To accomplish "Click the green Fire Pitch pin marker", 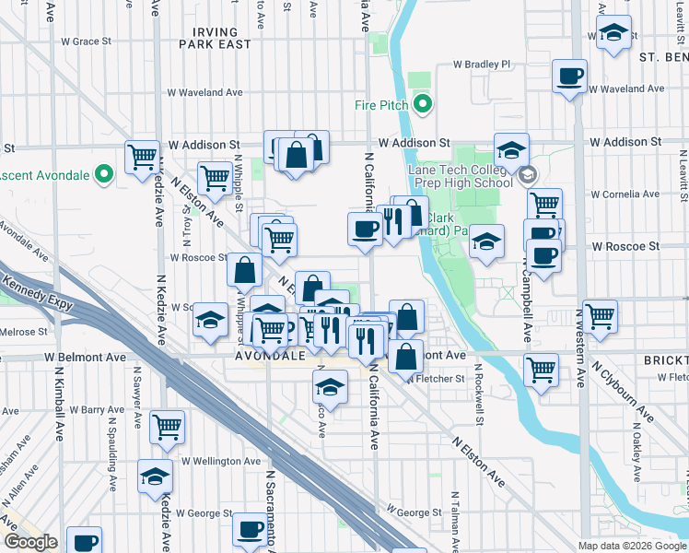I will pos(424,104).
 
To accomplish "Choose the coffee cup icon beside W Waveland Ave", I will pos(569,76).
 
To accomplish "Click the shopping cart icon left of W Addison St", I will pos(141,158).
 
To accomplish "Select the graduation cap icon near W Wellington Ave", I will pos(155,476).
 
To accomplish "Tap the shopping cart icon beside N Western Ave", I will pos(600,316).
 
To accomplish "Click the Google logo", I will pos(30,542).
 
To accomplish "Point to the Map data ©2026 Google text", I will pos(632,546).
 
